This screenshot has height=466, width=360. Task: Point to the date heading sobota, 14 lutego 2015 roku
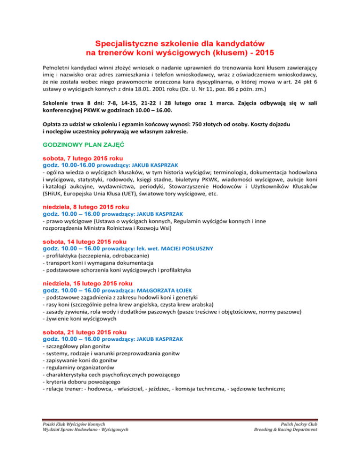pyautogui.click(x=85, y=241)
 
